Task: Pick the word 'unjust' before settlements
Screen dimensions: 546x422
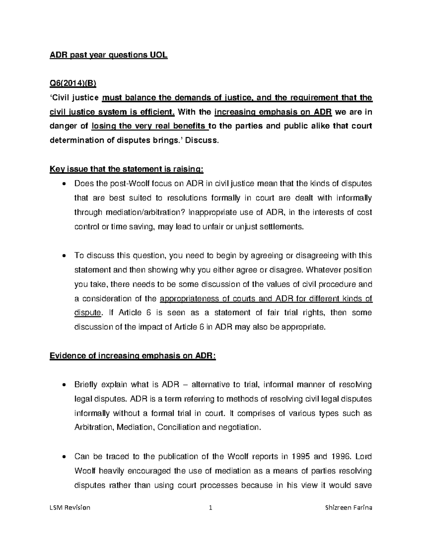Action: click(x=245, y=227)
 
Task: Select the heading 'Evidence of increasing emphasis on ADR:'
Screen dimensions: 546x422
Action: click(x=133, y=356)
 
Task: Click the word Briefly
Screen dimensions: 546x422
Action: click(x=86, y=384)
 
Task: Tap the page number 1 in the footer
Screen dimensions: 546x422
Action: click(x=211, y=508)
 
